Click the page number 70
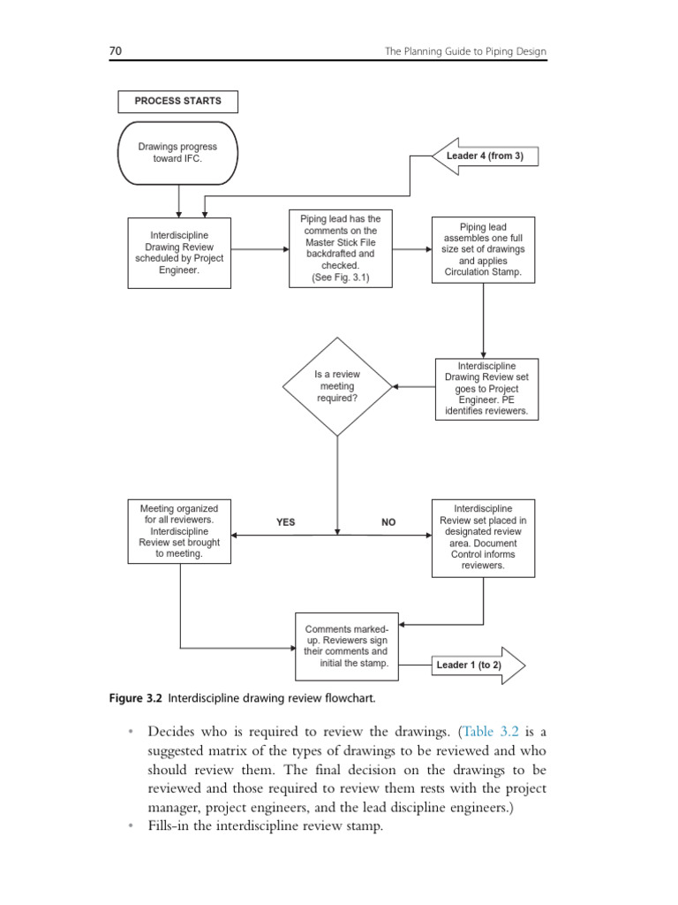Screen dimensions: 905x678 click(115, 51)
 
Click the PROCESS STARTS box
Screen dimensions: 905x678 click(177, 102)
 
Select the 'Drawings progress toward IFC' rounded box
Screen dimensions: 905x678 click(177, 152)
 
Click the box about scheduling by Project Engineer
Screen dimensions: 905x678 click(179, 253)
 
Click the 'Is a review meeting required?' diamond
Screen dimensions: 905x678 click(337, 386)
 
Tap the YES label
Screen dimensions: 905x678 click(285, 522)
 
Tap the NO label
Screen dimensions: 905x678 click(388, 522)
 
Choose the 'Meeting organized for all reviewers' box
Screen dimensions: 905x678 click(179, 531)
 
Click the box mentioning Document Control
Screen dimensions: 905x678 click(483, 537)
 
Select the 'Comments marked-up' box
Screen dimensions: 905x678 click(346, 646)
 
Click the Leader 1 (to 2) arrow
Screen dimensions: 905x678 click(478, 665)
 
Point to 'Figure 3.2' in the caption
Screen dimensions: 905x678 click(135, 698)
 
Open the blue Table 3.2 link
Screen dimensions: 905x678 click(492, 733)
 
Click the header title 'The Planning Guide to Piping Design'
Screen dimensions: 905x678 click(465, 51)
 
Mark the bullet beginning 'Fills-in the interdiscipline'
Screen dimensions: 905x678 click(265, 826)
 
